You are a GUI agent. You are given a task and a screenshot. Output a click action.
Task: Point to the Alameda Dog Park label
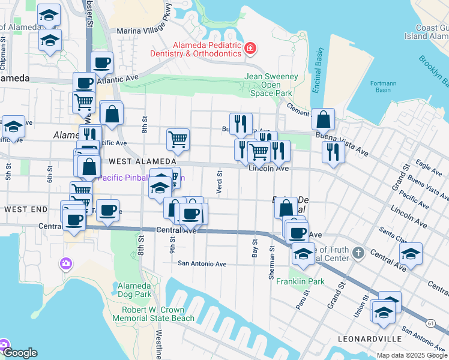pos(134,290)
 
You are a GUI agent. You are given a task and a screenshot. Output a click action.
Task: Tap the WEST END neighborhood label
pos(26,209)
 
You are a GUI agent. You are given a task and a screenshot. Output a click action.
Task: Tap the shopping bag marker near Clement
pos(323,119)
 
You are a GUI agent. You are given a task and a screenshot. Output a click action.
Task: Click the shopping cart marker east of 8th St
pos(178,140)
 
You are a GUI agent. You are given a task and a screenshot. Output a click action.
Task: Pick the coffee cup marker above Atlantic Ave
pos(102,62)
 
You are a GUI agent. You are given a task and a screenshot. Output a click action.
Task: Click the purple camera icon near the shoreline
pos(66,263)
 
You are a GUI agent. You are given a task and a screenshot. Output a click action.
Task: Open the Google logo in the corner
pos(20,353)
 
